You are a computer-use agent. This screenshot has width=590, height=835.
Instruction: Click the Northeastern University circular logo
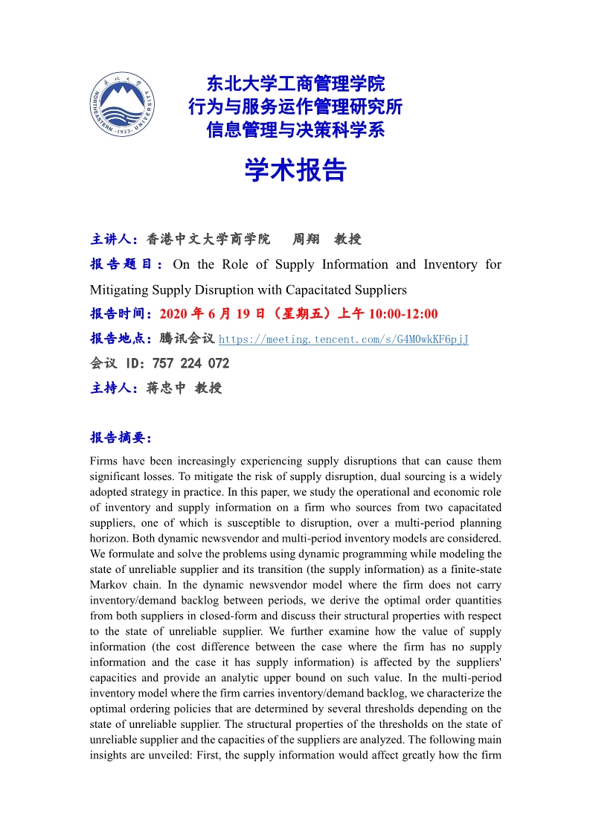124,108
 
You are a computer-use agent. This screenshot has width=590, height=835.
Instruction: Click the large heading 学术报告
295,170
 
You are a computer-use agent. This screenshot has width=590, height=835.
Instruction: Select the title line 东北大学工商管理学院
295,83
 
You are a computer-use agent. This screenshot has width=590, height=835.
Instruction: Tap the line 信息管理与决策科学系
295,130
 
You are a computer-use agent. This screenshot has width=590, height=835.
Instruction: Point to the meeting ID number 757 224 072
190,364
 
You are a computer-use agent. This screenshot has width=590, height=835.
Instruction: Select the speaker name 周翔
306,240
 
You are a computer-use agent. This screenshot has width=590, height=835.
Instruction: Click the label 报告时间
121,314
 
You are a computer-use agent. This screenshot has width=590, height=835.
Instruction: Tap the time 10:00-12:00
403,314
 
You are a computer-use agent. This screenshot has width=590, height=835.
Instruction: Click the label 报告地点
121,339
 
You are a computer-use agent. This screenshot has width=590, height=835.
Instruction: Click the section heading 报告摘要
121,437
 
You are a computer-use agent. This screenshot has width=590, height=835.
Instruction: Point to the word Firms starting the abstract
104,461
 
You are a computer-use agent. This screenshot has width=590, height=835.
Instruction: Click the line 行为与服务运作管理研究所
295,106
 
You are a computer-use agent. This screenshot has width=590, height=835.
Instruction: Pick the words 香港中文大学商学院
208,240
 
